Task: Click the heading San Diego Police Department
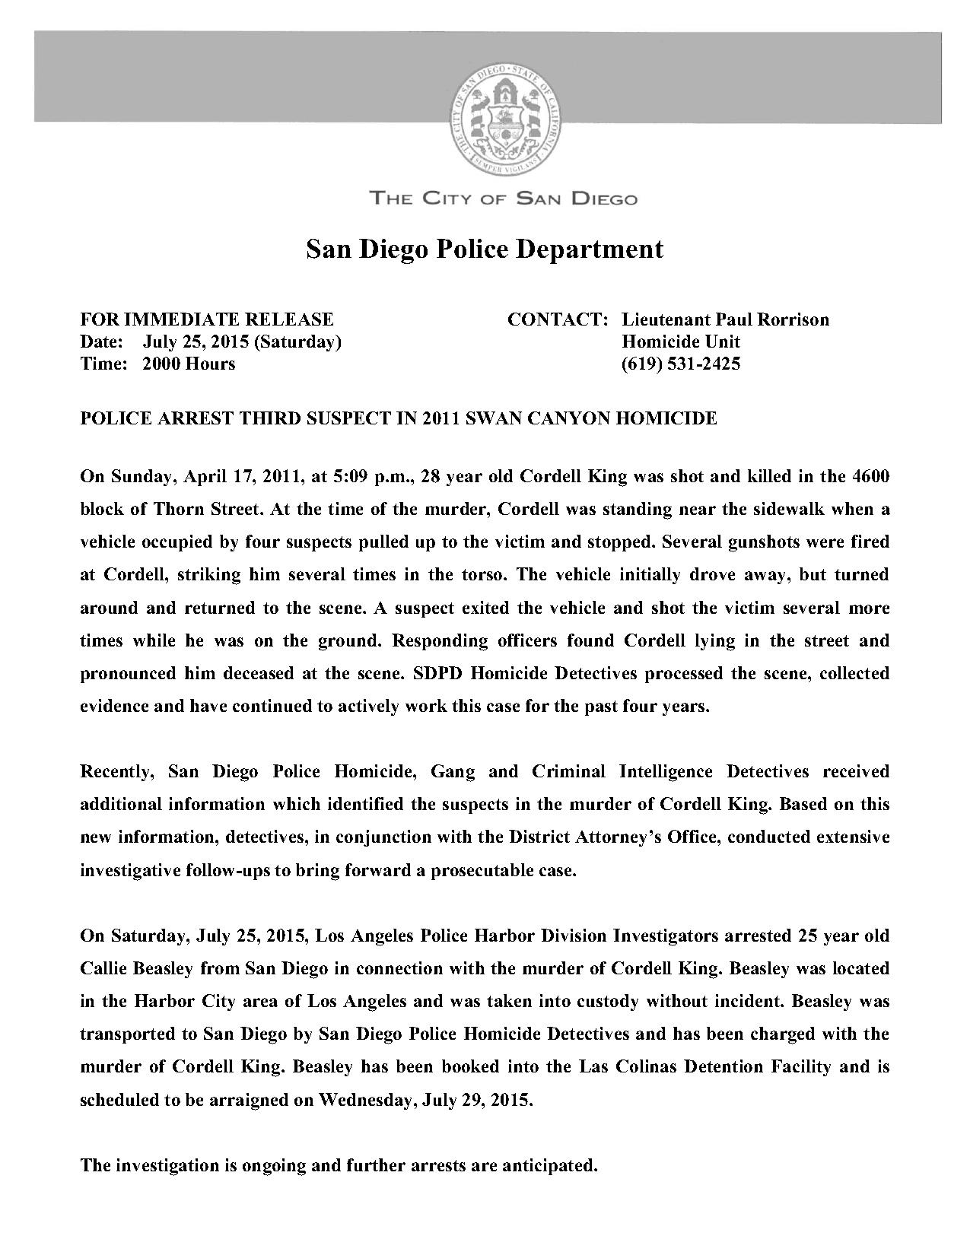pos(485,249)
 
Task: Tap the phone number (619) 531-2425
pos(681,364)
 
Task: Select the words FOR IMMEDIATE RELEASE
pos(207,319)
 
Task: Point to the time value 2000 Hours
pos(189,364)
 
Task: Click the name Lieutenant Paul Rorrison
pos(725,319)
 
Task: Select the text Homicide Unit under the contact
pos(681,342)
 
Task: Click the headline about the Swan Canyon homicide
pos(399,418)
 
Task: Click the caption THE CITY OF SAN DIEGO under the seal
pos(503,199)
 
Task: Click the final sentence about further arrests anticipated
pos(339,1165)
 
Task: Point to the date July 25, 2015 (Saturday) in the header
pos(242,342)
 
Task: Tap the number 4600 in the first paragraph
pos(871,477)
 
